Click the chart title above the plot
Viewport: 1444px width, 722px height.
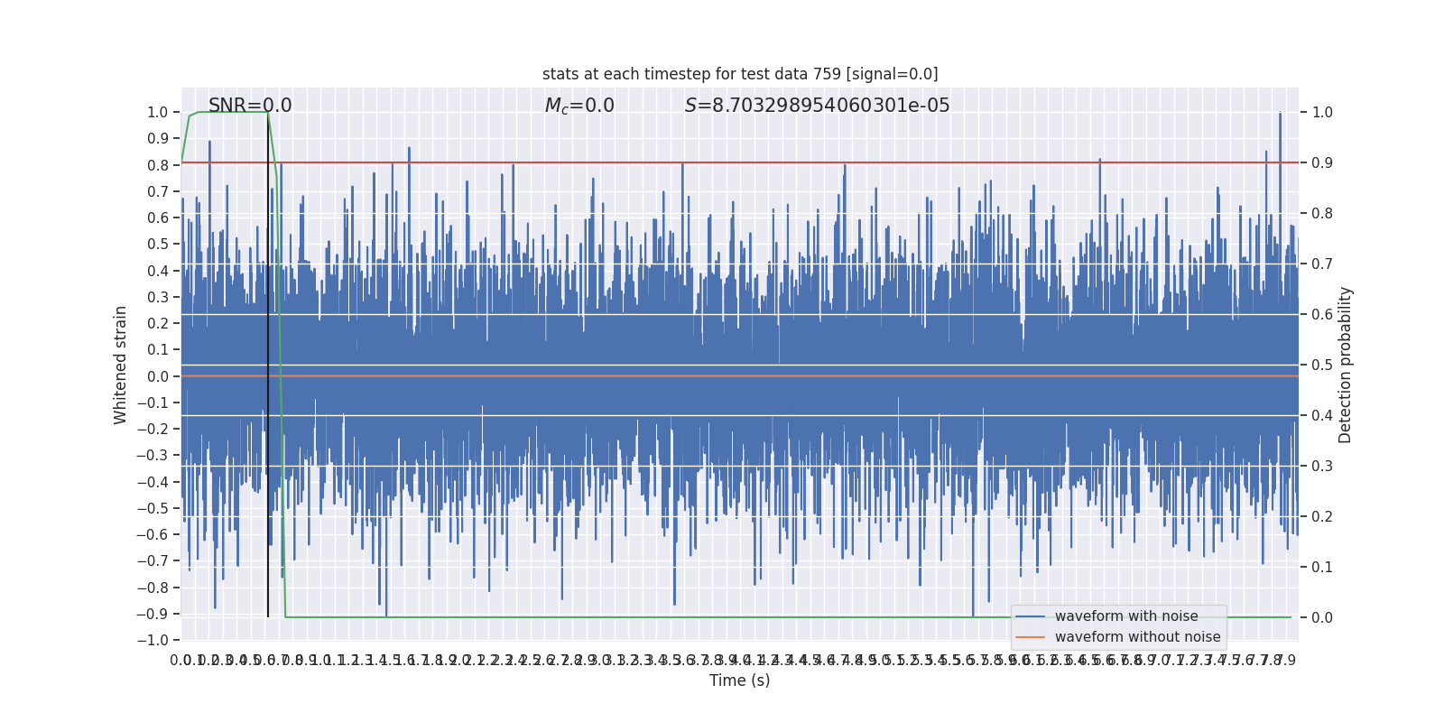(740, 74)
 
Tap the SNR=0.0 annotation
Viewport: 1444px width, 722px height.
(250, 106)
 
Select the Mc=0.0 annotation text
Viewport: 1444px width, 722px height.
(579, 106)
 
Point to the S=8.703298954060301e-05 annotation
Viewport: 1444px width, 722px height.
(817, 106)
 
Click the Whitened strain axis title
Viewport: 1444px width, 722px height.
(121, 365)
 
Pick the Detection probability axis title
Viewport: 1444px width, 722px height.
(1346, 365)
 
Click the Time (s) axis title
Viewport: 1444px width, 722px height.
(739, 680)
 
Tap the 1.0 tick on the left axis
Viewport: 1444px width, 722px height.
(158, 113)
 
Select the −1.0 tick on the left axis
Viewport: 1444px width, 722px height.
(154, 640)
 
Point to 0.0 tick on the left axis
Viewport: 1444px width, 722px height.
(158, 376)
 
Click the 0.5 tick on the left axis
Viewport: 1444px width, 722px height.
(158, 245)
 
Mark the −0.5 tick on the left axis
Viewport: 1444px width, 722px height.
(154, 508)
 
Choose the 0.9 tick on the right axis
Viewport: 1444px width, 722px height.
(1322, 163)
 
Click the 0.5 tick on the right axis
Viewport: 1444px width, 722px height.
(1322, 366)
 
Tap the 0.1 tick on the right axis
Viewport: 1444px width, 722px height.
(1322, 568)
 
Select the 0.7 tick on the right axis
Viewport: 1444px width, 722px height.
(1322, 264)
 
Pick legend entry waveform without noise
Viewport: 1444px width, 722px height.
(1137, 637)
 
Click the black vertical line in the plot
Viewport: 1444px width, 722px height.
(268, 361)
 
